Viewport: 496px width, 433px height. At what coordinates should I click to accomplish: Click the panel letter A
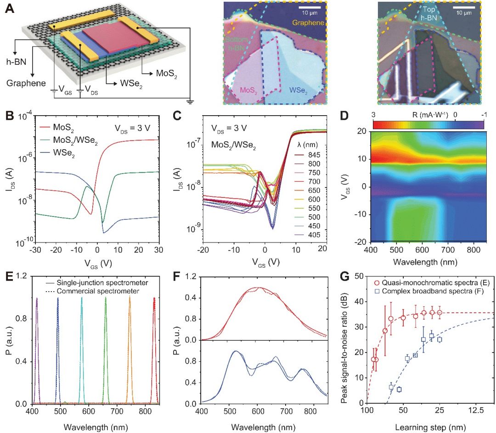[x=8, y=9]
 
